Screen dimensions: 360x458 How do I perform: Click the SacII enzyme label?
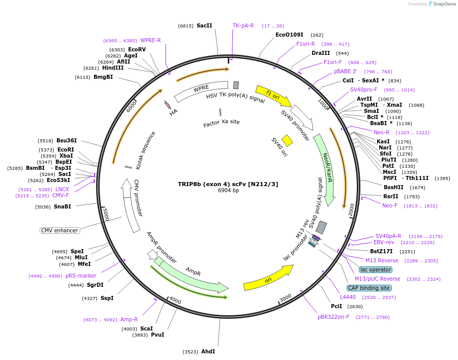click(204, 25)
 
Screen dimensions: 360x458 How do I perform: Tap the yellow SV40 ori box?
click(287, 140)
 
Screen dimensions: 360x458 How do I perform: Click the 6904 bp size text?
click(228, 191)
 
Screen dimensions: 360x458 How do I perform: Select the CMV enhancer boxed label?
click(60, 230)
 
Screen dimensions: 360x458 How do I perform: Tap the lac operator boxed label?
click(376, 269)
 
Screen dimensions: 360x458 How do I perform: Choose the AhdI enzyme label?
click(208, 351)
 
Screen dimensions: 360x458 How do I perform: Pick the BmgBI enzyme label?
click(103, 77)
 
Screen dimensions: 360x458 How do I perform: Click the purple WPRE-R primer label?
click(150, 41)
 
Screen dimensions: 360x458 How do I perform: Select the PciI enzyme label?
click(337, 307)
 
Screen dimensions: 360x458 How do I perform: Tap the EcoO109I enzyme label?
click(289, 35)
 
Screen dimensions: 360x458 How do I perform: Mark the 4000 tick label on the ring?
click(175, 301)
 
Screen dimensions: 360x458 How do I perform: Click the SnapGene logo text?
click(444, 4)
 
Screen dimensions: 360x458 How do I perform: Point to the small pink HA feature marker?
click(168, 105)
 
